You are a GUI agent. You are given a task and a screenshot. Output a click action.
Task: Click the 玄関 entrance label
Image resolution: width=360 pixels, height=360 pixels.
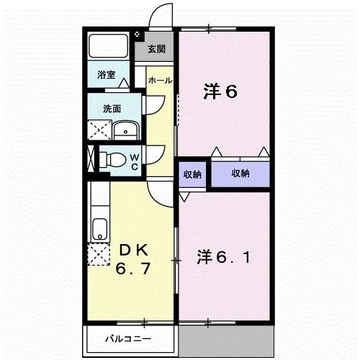point(157,50)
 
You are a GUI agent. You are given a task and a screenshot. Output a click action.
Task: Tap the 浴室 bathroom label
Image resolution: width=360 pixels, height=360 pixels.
point(107,73)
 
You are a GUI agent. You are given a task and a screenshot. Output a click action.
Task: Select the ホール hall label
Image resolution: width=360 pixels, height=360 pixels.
point(160,80)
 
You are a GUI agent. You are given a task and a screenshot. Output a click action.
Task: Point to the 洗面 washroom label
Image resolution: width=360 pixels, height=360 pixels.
point(111,109)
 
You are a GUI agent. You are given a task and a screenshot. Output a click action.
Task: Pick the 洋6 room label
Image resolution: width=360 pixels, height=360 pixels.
point(220,91)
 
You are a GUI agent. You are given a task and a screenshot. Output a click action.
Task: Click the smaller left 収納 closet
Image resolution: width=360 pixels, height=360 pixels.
point(192,174)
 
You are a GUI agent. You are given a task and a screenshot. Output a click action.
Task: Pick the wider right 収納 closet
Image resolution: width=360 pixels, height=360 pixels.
point(240,174)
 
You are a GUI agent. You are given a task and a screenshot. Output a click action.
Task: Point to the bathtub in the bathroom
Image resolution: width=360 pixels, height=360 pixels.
point(107,48)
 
